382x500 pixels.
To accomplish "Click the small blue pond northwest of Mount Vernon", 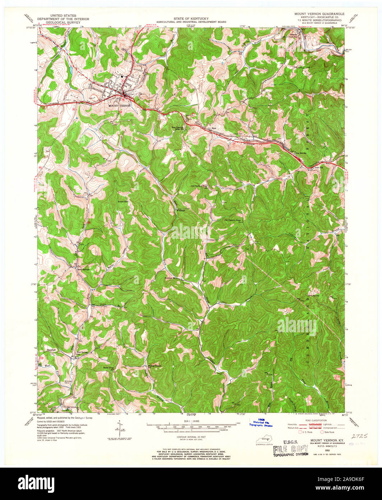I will [70, 68].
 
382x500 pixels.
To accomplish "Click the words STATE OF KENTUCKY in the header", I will [191, 18].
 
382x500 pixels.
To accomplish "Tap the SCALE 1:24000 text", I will [191, 421].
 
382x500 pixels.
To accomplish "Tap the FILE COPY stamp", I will [290, 450].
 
